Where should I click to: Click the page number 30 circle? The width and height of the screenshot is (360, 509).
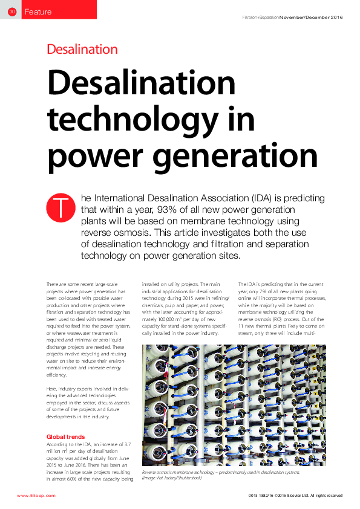(x=12, y=11)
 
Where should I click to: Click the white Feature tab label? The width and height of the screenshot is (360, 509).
(x=38, y=11)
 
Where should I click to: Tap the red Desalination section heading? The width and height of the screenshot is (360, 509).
(x=82, y=50)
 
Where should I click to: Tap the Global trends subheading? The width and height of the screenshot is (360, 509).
(x=66, y=436)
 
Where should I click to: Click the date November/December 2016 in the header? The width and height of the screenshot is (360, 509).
(x=311, y=17)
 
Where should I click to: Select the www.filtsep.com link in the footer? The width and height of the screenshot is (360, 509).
(x=36, y=495)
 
